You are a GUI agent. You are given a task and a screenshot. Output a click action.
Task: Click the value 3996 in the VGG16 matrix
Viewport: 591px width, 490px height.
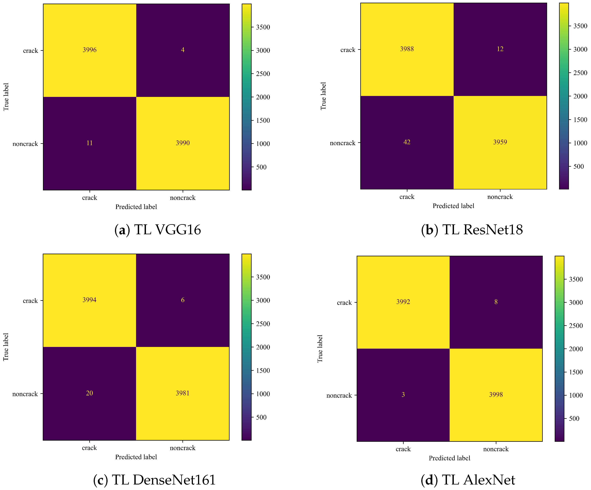[x=90, y=50]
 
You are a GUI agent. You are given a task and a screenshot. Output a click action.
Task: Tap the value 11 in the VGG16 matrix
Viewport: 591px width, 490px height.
[x=90, y=143]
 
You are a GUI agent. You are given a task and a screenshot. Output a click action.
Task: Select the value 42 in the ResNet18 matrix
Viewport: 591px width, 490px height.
[x=407, y=142]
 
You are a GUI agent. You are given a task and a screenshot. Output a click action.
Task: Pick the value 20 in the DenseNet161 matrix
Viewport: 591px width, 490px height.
[x=90, y=393]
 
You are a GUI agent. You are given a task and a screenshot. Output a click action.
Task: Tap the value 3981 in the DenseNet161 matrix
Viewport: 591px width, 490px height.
[x=183, y=393]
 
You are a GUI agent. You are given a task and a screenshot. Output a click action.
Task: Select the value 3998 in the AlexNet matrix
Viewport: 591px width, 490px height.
[x=496, y=395]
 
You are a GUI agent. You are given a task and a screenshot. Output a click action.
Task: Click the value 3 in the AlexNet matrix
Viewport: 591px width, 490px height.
[x=403, y=395]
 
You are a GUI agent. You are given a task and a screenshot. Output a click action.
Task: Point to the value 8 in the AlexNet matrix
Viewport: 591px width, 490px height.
[x=496, y=302]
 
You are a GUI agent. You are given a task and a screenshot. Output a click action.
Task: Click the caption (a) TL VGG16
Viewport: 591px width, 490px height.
[x=158, y=230]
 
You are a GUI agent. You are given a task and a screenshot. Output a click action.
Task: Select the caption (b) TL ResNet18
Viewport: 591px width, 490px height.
[x=472, y=230]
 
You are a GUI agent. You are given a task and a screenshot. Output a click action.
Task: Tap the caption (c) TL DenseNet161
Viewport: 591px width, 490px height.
[x=154, y=480]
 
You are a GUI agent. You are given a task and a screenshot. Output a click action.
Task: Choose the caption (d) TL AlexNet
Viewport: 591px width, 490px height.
[x=468, y=480]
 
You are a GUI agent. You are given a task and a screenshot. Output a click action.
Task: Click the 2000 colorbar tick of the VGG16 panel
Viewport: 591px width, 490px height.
[x=263, y=97]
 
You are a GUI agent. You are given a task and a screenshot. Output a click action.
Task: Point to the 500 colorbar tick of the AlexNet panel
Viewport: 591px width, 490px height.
[x=574, y=419]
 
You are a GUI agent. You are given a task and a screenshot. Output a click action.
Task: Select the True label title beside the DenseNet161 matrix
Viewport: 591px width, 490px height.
[x=6, y=347]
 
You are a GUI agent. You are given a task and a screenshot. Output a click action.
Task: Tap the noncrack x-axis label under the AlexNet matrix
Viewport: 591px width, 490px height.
[x=496, y=449]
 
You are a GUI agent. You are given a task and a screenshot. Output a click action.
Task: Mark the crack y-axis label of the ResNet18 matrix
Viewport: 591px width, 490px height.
[x=348, y=50]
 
